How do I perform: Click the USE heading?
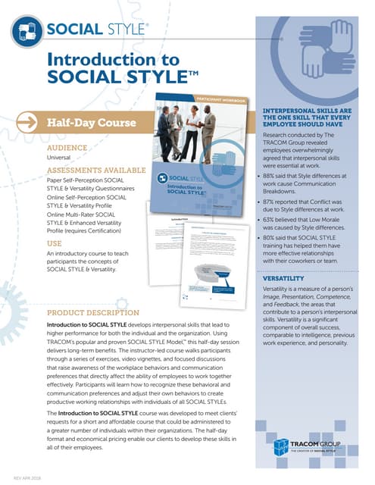(55, 244)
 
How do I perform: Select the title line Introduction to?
(112, 60)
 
